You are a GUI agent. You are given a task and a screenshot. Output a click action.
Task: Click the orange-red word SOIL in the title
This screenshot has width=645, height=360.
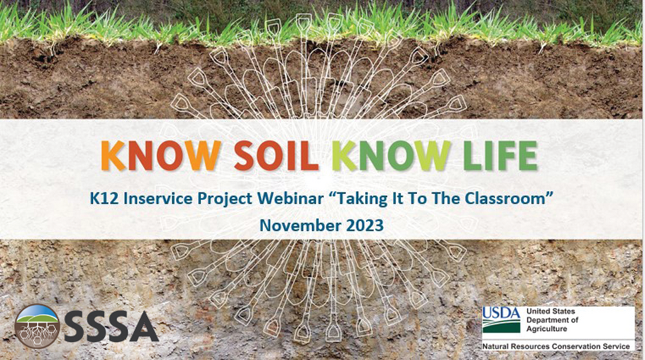point(276,156)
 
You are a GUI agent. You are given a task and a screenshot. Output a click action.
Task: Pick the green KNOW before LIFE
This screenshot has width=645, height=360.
point(391,156)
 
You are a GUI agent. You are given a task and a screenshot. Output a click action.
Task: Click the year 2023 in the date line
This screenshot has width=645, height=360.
point(364,225)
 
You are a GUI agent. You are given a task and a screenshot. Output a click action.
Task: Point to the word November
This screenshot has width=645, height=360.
point(301,225)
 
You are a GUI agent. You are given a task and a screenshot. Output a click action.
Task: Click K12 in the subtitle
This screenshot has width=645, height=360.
point(104,199)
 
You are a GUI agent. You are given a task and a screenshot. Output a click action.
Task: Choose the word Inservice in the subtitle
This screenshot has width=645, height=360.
point(158,199)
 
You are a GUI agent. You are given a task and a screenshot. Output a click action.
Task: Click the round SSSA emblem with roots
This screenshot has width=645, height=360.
point(37,326)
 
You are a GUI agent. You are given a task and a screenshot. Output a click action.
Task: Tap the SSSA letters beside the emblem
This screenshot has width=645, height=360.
point(111,327)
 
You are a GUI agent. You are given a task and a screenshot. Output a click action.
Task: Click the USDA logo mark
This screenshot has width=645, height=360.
point(501,320)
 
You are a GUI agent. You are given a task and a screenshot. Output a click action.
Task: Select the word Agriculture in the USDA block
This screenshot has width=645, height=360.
point(547,329)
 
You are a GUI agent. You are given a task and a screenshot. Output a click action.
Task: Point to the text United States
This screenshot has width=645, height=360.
point(551,312)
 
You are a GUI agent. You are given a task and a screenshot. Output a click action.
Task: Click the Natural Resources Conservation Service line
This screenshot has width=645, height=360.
point(556,346)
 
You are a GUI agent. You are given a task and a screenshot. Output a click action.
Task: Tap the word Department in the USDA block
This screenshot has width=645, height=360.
point(553,321)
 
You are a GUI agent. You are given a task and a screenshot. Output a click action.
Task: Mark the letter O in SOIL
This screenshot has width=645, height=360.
point(272,156)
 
